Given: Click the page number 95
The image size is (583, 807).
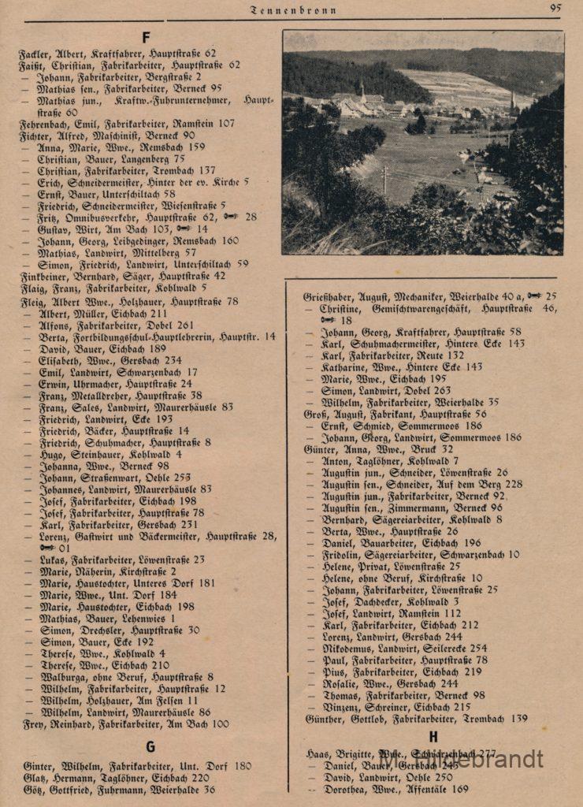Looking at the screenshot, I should tap(555, 9).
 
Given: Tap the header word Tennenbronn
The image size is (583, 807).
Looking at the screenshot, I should tap(293, 10).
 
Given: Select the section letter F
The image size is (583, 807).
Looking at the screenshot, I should tap(147, 37).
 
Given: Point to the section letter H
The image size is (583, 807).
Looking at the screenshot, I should tap(433, 738).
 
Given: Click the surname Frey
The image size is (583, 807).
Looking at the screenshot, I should tap(32, 723).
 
